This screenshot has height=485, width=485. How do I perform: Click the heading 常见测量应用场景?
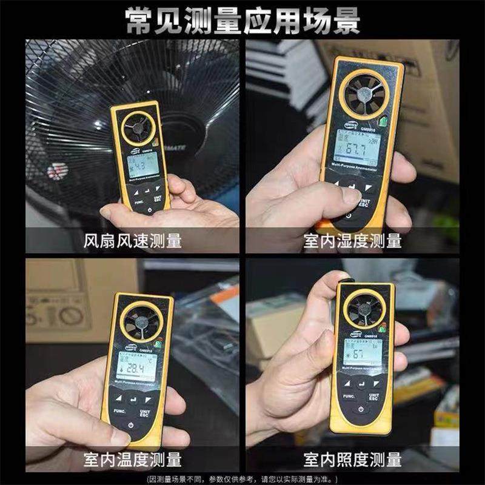[x=242, y=20]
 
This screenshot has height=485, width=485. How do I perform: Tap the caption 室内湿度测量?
[x=352, y=241]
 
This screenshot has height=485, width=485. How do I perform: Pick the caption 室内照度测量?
[x=352, y=459]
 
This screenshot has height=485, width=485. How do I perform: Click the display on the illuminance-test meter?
[x=363, y=353]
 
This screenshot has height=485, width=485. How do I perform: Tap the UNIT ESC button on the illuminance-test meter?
[x=373, y=396]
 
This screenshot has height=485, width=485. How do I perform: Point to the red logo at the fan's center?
[x=56, y=172]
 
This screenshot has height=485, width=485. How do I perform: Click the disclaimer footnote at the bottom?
[x=242, y=477]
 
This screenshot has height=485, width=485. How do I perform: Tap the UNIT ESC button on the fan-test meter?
[x=158, y=199]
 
